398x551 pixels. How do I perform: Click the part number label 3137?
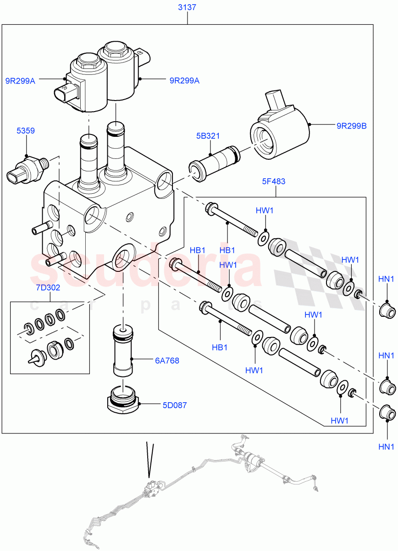(x=187, y=8)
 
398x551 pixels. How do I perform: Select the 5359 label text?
(x=26, y=131)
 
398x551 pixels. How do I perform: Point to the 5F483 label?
(x=273, y=181)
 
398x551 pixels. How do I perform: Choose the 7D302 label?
(x=48, y=288)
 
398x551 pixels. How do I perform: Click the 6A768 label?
(x=167, y=361)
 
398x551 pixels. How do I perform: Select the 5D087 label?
(x=174, y=405)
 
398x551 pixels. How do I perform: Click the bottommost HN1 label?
(x=386, y=447)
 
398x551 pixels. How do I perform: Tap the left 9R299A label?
(x=20, y=81)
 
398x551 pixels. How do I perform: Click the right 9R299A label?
(x=184, y=81)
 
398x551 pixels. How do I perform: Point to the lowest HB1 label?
(x=220, y=348)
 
